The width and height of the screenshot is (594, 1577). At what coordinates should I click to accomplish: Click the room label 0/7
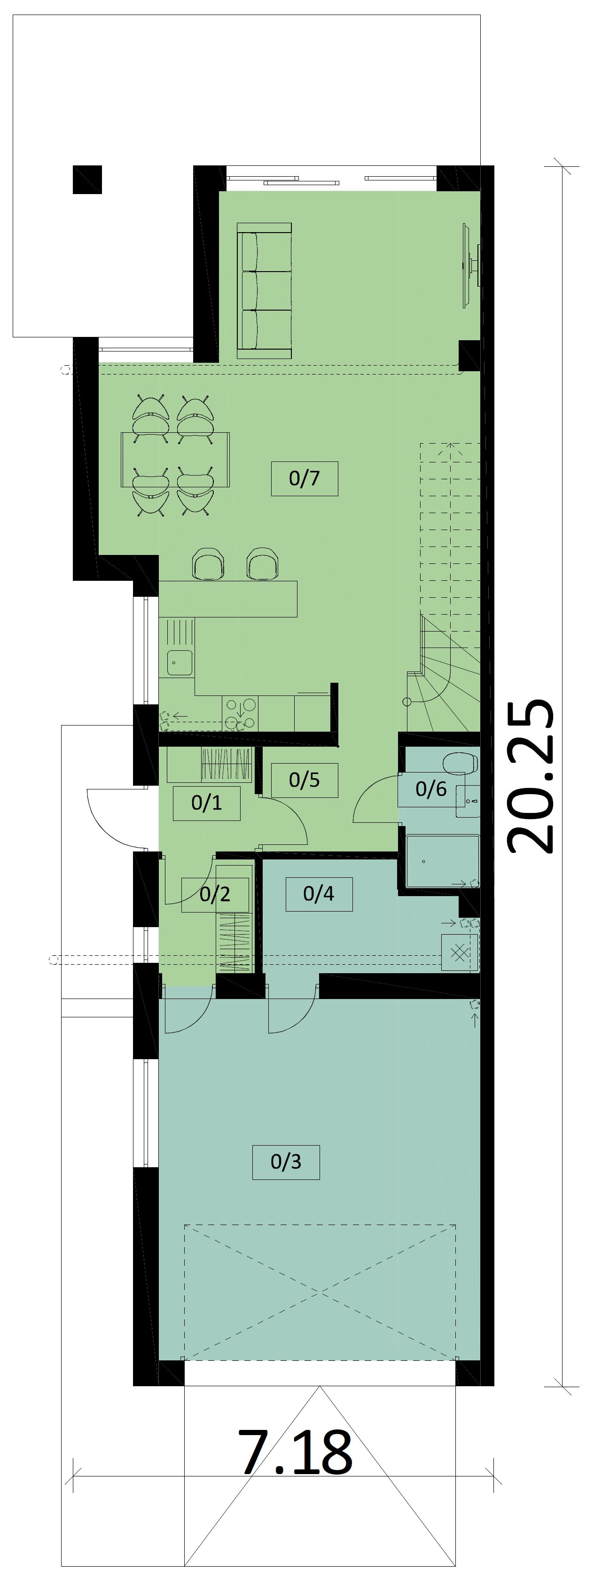pos(305,478)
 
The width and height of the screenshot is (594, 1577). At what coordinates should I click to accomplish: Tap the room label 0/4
pos(319,894)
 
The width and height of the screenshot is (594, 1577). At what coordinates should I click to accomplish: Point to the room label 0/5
pos(305,780)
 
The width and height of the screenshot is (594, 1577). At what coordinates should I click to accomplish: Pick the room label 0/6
pos(431,789)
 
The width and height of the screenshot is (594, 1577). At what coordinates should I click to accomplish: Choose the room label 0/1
pos(206,803)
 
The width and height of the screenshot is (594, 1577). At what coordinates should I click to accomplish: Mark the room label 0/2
pos(215,894)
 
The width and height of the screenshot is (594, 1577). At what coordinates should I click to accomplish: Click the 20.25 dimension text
pos(530,776)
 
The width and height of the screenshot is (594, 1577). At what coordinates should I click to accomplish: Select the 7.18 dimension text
pos(296,1452)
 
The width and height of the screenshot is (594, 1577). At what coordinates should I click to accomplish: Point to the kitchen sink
pos(180,663)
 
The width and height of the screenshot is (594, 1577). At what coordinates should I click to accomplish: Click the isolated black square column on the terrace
pos(87,180)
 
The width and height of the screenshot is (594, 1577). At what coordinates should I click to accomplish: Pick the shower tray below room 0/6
pos(442,861)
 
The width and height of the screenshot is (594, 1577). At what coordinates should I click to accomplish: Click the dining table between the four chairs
pos(176,460)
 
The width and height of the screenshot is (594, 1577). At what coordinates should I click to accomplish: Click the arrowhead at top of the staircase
pos(451,446)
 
